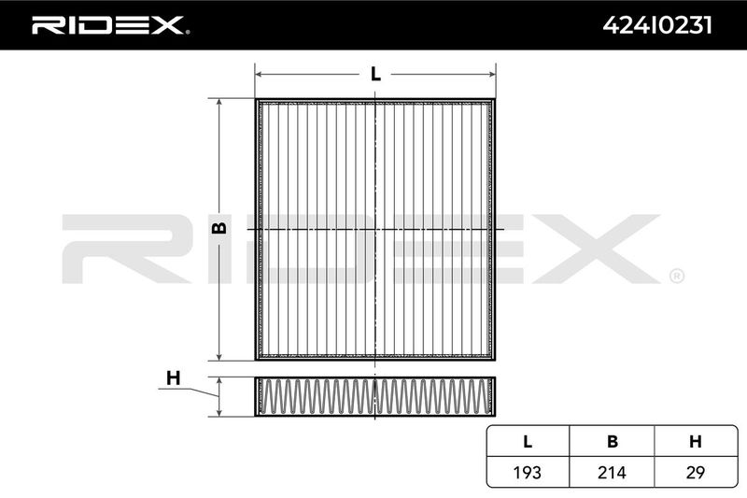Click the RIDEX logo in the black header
(x=110, y=25)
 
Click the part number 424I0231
(x=657, y=25)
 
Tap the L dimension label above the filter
(x=376, y=75)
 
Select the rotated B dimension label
(x=219, y=229)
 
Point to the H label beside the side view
(x=174, y=378)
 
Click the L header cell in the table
(x=528, y=442)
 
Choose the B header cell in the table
(x=613, y=442)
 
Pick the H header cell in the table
(x=696, y=442)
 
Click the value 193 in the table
(x=528, y=473)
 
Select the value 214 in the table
(x=612, y=473)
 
